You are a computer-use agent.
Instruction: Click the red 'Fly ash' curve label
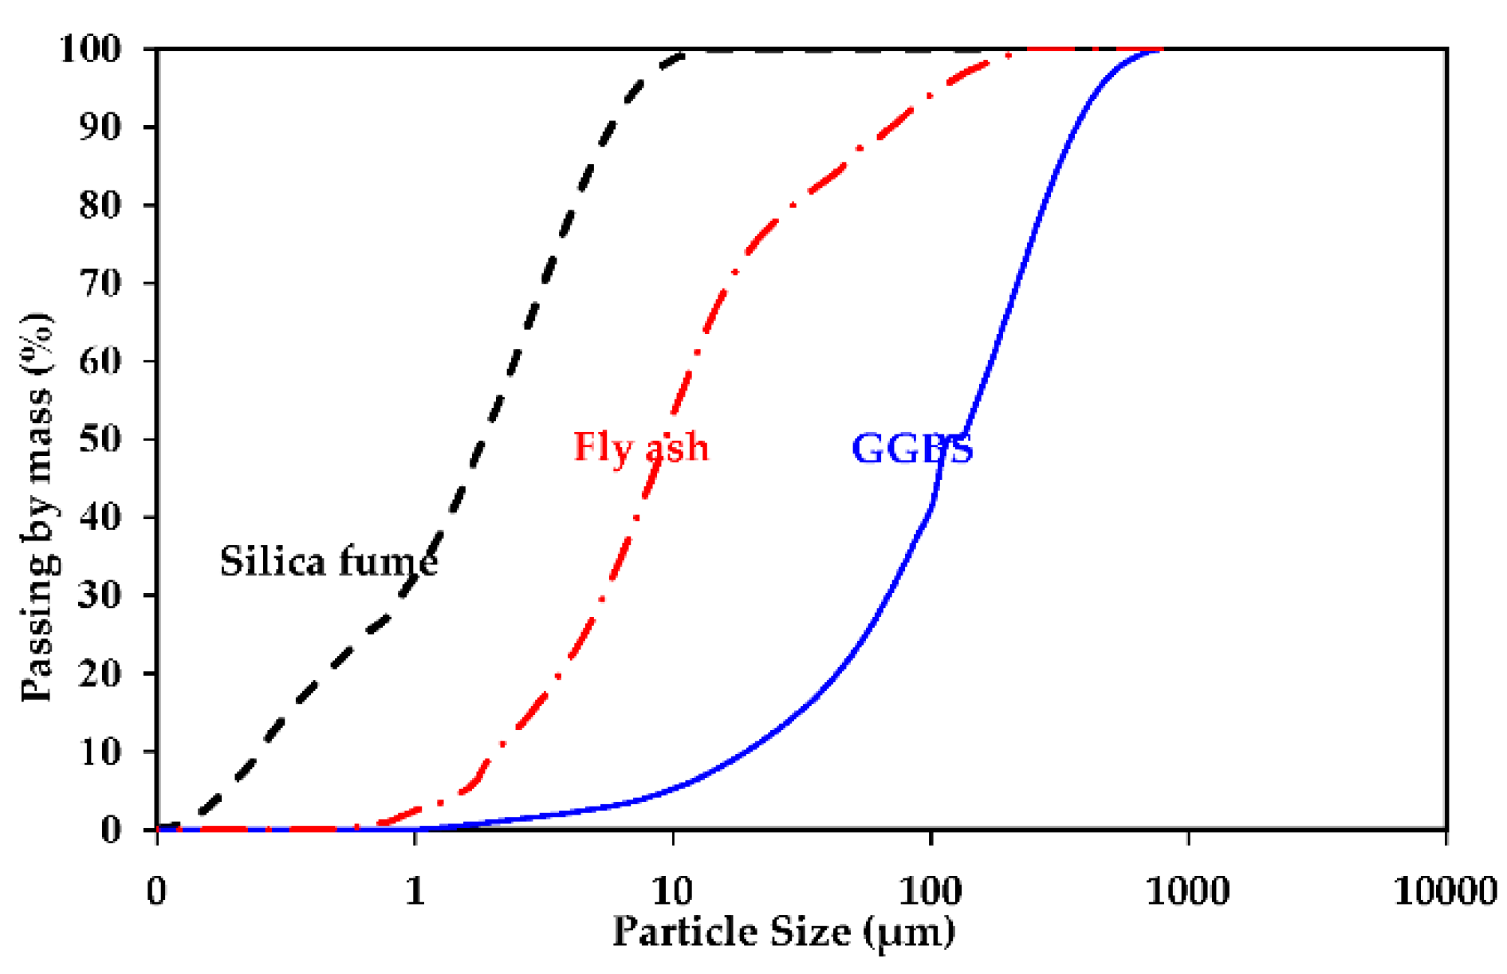pos(640,447)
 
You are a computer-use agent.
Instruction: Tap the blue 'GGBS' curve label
pos(912,449)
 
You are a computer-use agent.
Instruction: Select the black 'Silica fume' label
pos(328,562)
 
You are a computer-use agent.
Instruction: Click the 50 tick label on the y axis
pos(101,439)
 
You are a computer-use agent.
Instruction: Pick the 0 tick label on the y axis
pos(111,830)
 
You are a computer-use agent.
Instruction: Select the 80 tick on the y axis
pos(101,205)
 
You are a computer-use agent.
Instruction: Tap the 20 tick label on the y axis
pos(101,674)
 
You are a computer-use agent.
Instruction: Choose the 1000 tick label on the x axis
pos(1187,890)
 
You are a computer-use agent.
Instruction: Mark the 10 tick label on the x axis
pos(672,890)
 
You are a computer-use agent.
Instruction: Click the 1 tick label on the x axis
pos(415,890)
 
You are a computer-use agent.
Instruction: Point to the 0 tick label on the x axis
pos(157,890)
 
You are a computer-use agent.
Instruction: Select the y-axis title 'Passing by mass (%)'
pos(37,508)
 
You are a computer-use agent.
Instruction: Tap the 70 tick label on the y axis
pos(101,283)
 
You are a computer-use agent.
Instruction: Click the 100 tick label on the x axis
pos(930,890)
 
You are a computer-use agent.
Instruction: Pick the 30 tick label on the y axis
pos(101,595)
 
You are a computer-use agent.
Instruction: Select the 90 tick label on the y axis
pos(101,127)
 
